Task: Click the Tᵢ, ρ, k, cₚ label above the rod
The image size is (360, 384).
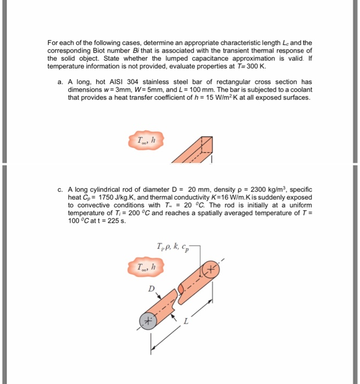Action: click(172, 246)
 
